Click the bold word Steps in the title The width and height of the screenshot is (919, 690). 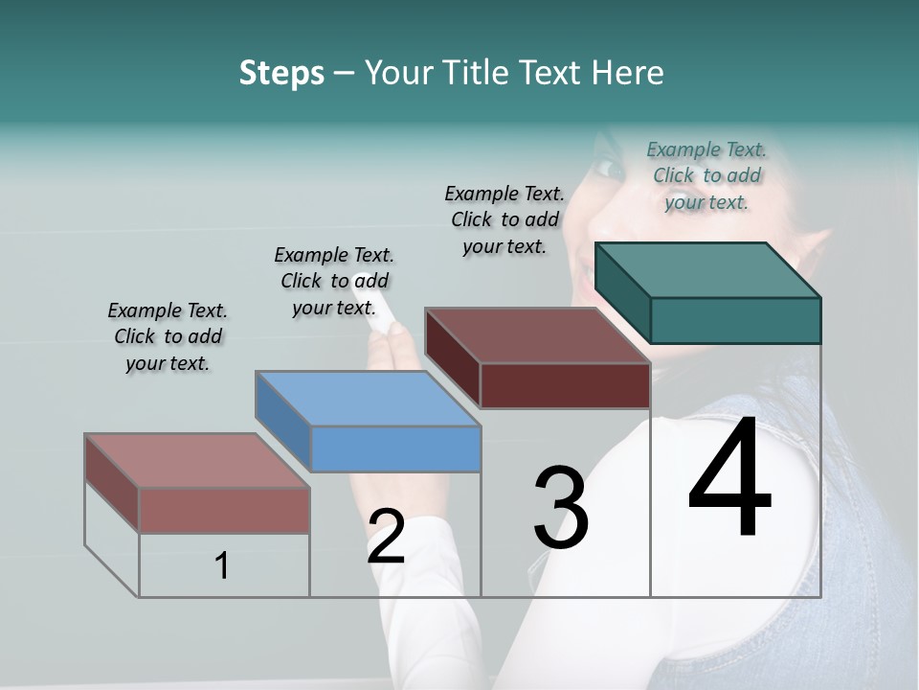coord(281,73)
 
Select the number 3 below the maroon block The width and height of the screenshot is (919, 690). coord(561,507)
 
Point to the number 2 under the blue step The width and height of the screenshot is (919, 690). coord(386,536)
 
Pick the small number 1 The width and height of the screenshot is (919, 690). coord(222,566)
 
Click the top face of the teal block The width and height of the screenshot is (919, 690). coord(708,270)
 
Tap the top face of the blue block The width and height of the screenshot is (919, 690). coord(369,399)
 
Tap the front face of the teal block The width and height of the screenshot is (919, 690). coord(735,320)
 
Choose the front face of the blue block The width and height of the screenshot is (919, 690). coord(396,448)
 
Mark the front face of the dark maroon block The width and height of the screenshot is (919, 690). coord(565,385)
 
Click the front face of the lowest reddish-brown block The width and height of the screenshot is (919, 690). coord(224,510)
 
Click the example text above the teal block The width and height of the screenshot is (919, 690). coord(706,175)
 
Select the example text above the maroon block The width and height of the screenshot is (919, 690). coord(504,219)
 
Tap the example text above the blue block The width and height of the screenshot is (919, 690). coord(334,281)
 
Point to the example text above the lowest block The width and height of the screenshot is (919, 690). coord(168,336)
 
